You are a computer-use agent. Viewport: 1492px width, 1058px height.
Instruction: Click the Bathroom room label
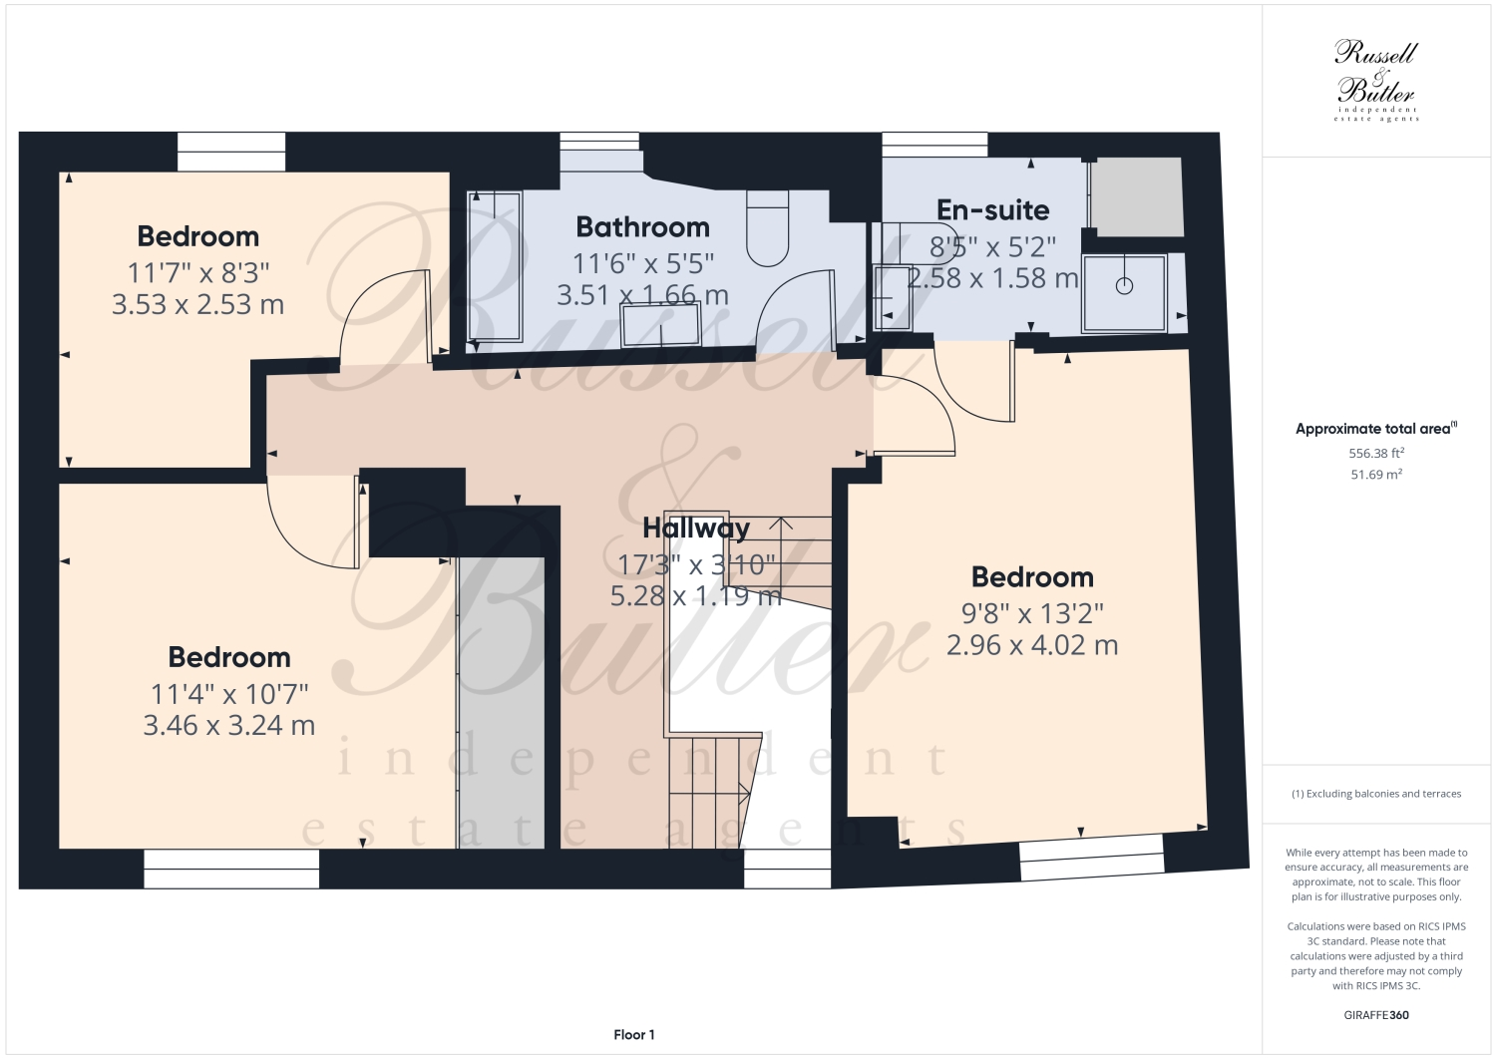click(x=642, y=227)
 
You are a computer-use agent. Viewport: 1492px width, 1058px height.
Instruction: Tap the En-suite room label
click(x=992, y=210)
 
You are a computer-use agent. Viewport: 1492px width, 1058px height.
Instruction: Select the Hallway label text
click(x=695, y=528)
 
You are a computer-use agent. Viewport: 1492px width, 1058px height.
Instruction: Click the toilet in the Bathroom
click(x=768, y=229)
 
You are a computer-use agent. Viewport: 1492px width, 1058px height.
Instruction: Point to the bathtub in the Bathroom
click(x=495, y=266)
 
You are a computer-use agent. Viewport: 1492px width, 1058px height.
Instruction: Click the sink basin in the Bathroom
click(x=661, y=324)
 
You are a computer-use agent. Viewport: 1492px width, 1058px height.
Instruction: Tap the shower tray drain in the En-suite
click(x=1125, y=286)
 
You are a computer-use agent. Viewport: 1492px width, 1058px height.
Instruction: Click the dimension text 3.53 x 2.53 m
click(x=197, y=304)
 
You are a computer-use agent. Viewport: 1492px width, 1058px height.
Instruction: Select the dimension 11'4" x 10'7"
click(x=229, y=692)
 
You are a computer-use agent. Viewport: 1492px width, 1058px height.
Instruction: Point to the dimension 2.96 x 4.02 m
click(x=1032, y=645)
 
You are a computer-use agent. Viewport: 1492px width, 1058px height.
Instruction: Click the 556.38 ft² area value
click(x=1376, y=453)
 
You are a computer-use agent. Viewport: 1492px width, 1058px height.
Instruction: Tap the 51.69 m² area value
click(x=1376, y=475)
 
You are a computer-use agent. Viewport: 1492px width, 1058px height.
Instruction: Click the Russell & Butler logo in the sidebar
click(x=1376, y=80)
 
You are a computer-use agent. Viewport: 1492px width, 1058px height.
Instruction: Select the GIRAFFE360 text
click(x=1376, y=1016)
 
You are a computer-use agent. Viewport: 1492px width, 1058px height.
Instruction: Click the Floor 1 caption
click(x=633, y=1035)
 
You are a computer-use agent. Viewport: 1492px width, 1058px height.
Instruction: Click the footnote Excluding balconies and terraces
click(x=1376, y=794)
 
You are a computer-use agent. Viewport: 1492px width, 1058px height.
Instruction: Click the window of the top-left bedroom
click(x=231, y=153)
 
